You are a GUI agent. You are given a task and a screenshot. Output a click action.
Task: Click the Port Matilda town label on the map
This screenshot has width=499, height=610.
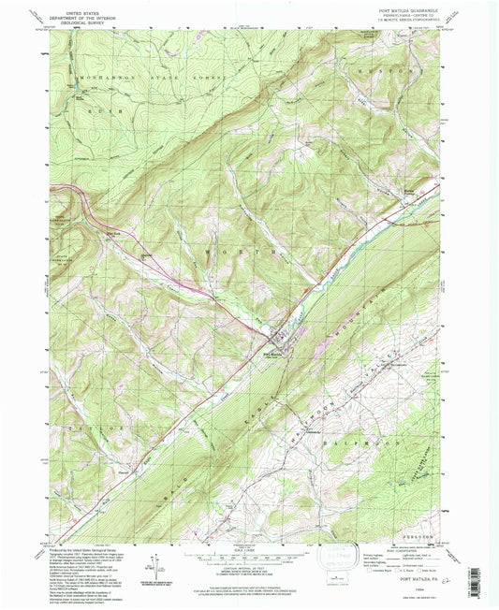tap(272, 353)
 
